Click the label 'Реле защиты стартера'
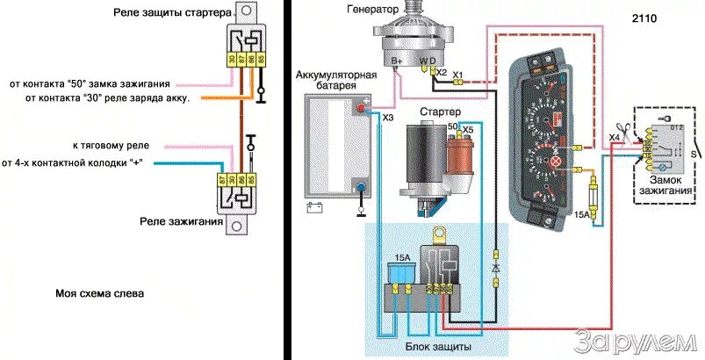coord(172,13)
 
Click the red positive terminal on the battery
coord(360,107)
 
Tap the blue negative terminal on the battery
coord(360,186)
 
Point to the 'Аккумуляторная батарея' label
coord(335,81)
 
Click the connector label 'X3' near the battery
coord(387,117)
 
